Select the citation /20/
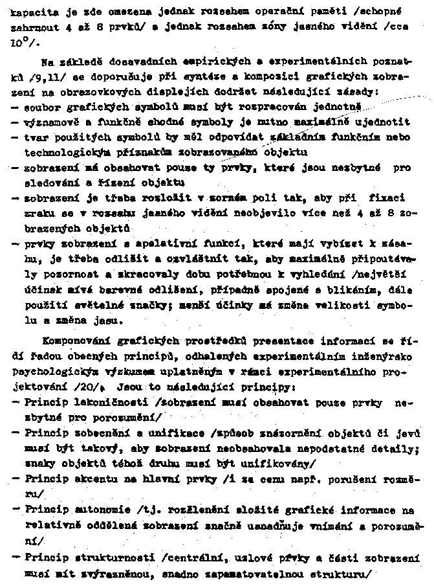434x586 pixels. pyautogui.click(x=90, y=387)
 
